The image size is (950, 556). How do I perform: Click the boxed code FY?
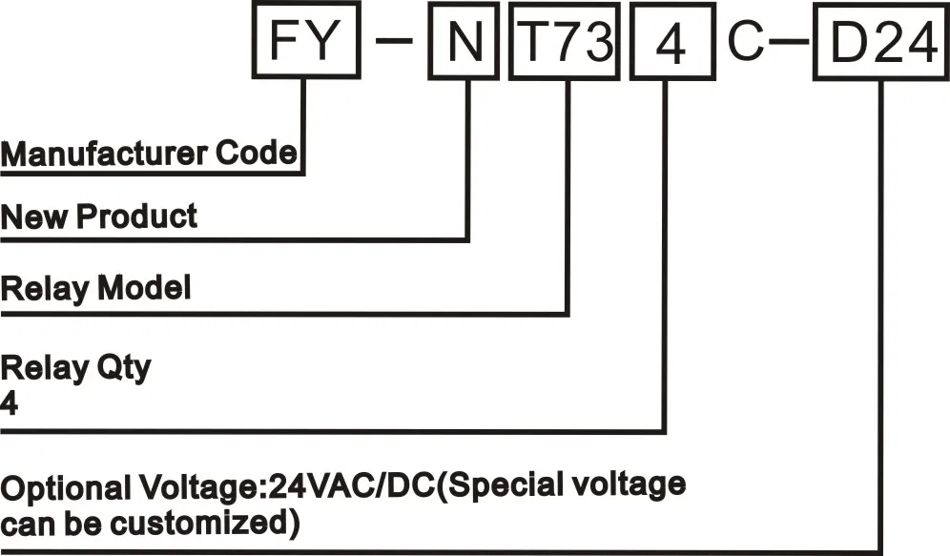tap(306, 44)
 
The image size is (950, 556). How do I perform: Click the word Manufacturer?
tap(105, 152)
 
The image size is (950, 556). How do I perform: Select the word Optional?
tap(61, 487)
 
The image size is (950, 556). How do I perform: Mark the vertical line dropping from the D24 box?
tap(880, 315)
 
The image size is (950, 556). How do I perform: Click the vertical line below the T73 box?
tap(568, 191)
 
